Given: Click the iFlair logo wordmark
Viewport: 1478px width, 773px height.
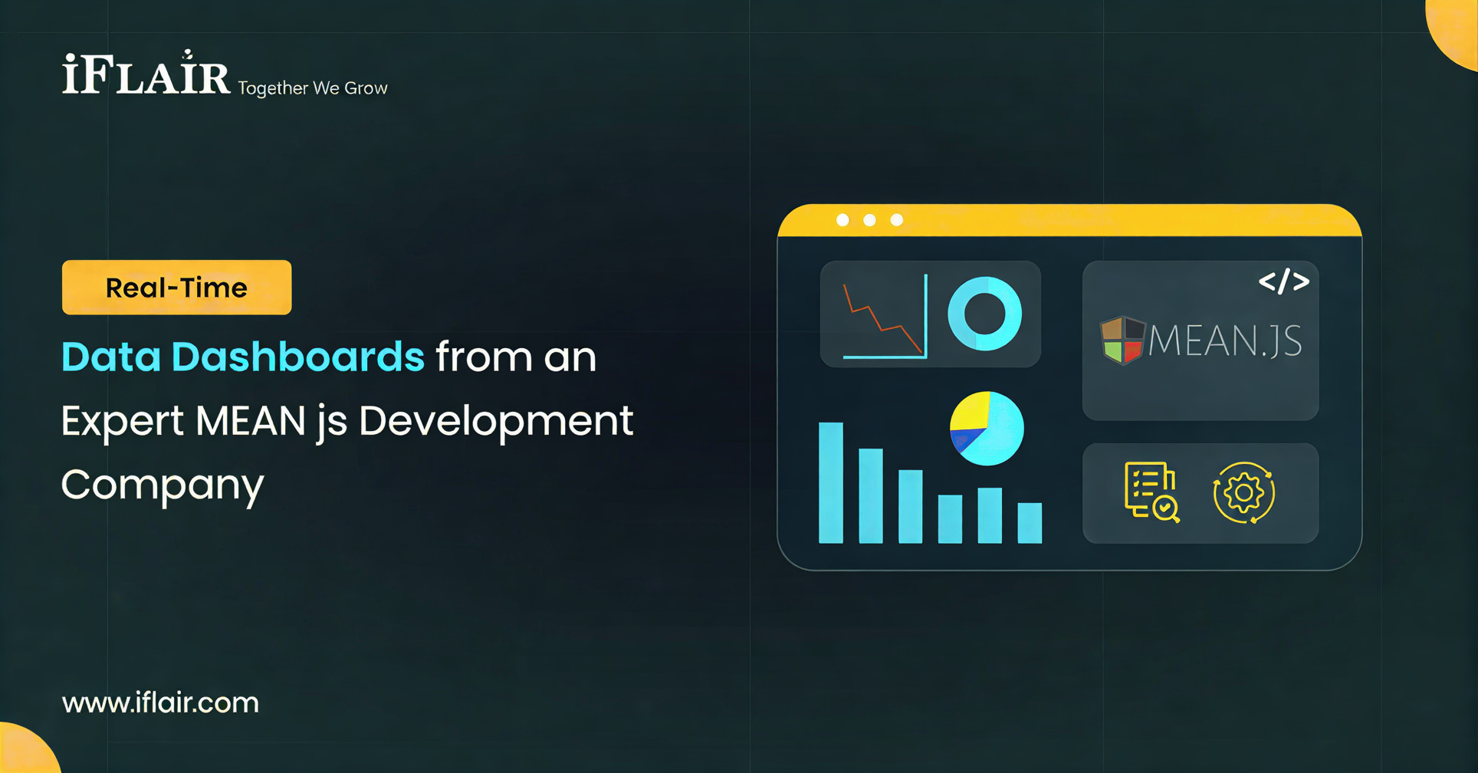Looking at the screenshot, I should coord(146,75).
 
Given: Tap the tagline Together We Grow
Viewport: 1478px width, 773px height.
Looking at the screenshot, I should coord(312,88).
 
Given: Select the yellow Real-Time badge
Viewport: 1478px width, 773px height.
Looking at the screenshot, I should coord(176,288).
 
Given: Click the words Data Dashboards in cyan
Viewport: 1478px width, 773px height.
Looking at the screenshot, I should coord(242,357).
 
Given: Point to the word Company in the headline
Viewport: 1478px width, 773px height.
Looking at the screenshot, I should coord(163,485).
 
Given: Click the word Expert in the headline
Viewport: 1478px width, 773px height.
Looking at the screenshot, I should coord(122,421).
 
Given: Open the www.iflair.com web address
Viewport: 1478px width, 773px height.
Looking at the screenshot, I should coord(160,702).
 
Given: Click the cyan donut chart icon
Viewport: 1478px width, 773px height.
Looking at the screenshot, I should coord(984,314).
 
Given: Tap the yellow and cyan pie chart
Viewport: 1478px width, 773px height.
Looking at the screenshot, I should coord(987,429).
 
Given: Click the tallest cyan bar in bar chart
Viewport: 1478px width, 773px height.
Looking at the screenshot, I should coord(831,482).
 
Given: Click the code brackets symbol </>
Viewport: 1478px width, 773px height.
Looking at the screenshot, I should coord(1283,281).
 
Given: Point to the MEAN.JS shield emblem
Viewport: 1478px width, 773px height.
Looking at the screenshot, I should coord(1122,340).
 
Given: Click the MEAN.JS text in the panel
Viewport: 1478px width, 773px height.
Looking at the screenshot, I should coord(1224,340).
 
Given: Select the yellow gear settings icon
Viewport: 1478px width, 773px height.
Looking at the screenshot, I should coord(1243,492).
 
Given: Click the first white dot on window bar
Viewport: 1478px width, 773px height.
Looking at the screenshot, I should coord(842,220).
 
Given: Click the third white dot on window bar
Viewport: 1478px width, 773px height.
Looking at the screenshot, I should coord(896,220).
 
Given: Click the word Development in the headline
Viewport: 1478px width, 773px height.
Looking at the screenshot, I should coord(496,421).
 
